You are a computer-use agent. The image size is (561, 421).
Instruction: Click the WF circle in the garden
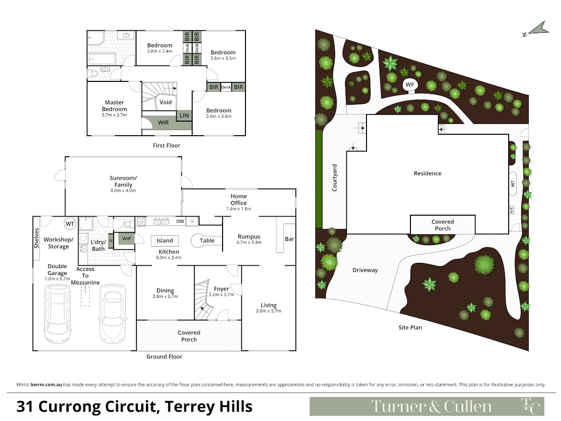(x=410, y=85)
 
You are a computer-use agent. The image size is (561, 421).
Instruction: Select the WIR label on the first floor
(x=163, y=123)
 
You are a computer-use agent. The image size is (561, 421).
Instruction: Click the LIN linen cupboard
(x=184, y=116)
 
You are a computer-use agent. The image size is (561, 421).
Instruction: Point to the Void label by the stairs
(x=165, y=102)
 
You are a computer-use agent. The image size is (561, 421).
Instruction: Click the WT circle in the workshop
(x=70, y=224)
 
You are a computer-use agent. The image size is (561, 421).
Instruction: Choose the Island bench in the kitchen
(x=165, y=240)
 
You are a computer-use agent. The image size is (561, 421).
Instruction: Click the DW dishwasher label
(x=180, y=221)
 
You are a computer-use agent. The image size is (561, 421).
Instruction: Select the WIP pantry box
(x=127, y=239)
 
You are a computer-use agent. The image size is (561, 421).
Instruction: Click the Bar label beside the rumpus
(x=289, y=239)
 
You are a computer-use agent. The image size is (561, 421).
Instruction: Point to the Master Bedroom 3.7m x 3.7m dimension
(x=114, y=115)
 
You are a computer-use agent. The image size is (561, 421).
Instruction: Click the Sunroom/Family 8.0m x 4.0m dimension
(x=123, y=190)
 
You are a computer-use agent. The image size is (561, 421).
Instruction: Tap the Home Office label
(x=238, y=199)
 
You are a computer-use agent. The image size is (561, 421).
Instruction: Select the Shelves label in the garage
(x=36, y=238)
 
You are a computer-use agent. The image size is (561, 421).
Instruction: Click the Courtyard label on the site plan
(x=335, y=178)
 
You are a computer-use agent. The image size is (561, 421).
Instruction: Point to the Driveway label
(x=365, y=270)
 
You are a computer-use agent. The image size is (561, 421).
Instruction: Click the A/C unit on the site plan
(x=511, y=210)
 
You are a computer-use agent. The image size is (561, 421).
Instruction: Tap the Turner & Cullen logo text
(x=431, y=406)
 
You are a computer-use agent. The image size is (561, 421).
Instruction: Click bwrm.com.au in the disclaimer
(x=46, y=385)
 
